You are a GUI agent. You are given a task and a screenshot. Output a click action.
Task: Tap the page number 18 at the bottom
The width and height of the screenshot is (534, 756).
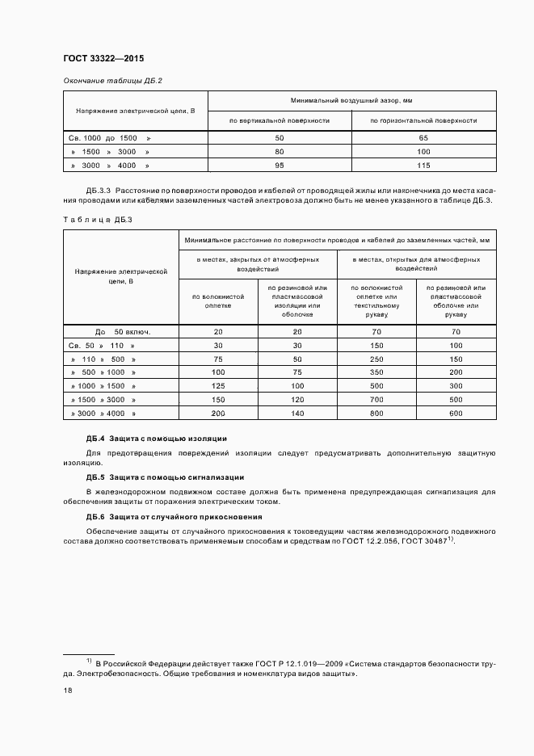coord(68,691)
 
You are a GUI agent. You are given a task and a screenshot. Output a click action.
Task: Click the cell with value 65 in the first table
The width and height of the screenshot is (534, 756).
coord(423,138)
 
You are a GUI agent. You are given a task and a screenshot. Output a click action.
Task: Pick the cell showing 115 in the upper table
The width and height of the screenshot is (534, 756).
coord(423,165)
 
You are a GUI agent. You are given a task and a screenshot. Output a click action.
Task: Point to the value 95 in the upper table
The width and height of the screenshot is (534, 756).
coord(280,165)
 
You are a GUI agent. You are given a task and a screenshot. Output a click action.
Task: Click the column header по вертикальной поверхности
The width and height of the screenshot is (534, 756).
coord(280,120)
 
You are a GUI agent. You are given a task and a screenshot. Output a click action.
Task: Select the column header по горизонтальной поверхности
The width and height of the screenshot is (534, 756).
coord(423,120)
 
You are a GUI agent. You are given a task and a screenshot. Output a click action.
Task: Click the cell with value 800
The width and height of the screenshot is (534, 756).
coord(376,413)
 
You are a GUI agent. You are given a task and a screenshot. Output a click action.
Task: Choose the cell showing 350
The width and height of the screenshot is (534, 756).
coord(376,372)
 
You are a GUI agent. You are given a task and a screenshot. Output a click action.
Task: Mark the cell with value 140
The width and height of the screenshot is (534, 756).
coord(297,413)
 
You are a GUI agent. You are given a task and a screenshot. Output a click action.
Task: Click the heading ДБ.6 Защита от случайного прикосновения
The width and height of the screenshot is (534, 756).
coord(174,516)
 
